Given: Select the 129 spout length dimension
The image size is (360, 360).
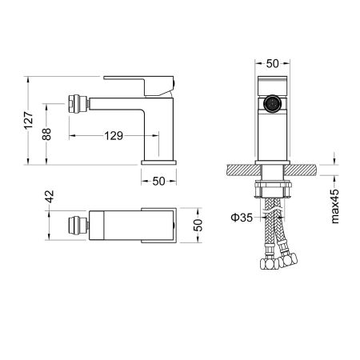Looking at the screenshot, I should [x=114, y=136].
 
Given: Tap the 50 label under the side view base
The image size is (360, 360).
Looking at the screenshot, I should [x=158, y=181].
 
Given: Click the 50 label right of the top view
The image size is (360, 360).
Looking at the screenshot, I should [x=197, y=226].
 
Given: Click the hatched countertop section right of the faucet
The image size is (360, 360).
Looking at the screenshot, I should [x=307, y=170].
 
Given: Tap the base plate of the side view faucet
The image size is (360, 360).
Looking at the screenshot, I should [x=158, y=162].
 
